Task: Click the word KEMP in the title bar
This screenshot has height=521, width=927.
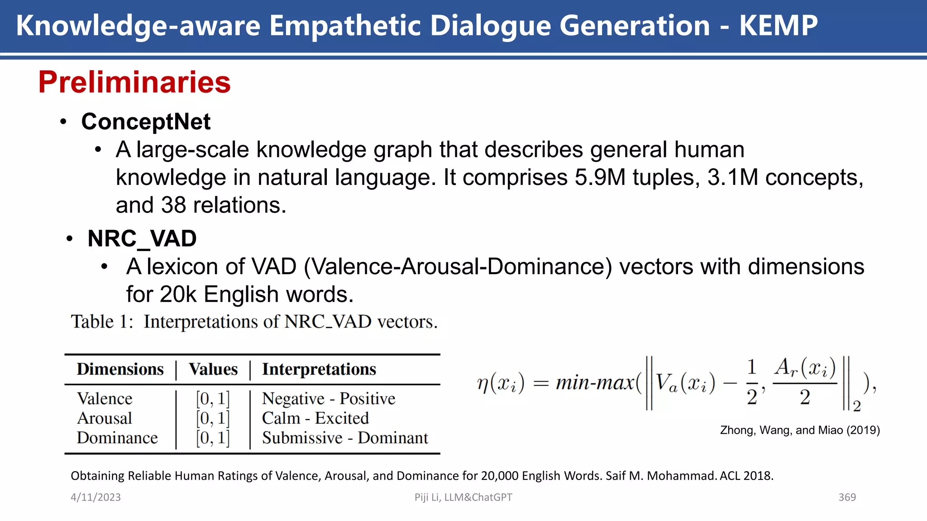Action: point(778,25)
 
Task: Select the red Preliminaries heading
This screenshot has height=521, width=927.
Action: point(134,82)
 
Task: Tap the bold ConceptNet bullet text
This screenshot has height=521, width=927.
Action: point(146,122)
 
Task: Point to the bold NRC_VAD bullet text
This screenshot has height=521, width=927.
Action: point(142,238)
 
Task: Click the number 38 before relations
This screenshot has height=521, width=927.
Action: point(173,205)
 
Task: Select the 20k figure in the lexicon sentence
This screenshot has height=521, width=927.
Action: point(178,294)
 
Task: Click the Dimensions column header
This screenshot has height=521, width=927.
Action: point(120,369)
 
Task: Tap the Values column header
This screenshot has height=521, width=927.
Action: point(213,369)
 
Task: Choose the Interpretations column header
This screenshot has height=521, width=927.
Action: point(319,369)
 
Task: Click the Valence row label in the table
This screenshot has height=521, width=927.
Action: point(105,398)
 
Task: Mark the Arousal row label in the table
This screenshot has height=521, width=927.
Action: point(105,418)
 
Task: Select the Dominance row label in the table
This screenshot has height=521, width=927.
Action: point(117,438)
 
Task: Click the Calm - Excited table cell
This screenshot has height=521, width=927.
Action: point(315,418)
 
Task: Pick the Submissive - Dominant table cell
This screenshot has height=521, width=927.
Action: point(344,438)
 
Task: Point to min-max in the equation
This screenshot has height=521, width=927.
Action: point(594,383)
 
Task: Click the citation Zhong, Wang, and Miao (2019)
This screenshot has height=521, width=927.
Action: point(800,430)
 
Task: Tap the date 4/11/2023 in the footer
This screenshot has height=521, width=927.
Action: point(96,497)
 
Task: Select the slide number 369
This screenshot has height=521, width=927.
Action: point(847,497)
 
